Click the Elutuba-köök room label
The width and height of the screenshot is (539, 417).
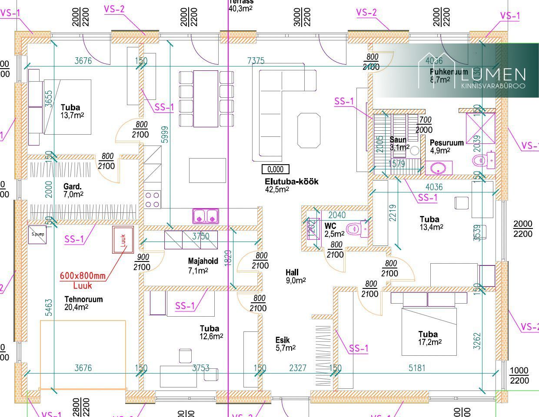click(x=291, y=182)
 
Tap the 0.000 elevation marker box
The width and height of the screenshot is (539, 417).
click(x=276, y=169)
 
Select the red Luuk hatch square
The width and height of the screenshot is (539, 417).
click(x=123, y=240)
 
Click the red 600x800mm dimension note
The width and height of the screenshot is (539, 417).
click(x=82, y=275)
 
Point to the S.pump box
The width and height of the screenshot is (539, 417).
click(x=37, y=235)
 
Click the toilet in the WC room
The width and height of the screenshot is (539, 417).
click(x=356, y=228)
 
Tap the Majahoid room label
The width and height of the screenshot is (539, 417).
click(x=203, y=261)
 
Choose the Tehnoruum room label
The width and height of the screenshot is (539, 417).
click(x=83, y=299)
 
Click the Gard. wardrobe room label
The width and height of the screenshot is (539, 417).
click(x=73, y=187)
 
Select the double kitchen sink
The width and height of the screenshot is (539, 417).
click(x=206, y=215)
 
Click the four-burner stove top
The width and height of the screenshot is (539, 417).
click(x=152, y=200)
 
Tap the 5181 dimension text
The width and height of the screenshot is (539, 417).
click(x=417, y=368)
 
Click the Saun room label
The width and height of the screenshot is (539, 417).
click(x=397, y=140)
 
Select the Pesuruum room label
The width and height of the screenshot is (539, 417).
click(x=446, y=143)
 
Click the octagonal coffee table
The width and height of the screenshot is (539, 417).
click(x=309, y=130)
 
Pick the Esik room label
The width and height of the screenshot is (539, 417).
click(x=283, y=340)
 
